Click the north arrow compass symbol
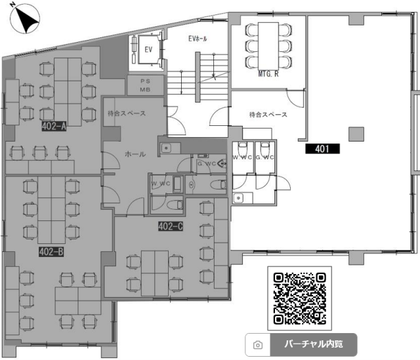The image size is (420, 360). point(25,19)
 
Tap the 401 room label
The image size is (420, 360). point(322,149)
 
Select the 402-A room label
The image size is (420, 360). point(54,126)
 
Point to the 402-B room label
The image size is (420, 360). point(51,252)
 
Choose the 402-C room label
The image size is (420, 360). point(171,227)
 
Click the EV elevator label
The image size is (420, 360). point(148,50)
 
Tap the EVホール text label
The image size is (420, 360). point(198,39)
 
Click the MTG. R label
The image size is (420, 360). point(268,74)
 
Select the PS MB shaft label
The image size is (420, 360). point(145,85)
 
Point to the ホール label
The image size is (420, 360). point(135,154)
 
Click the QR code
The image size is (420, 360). point(300,298)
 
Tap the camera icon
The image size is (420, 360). point(258,345)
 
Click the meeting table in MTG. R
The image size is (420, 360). point(268,46)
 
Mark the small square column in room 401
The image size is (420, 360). point(356,134)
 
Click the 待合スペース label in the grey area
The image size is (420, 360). point(127,113)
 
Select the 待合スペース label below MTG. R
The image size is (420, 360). point(268,115)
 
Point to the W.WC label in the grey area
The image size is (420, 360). point(161,184)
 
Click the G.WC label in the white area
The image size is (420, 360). point(264,157)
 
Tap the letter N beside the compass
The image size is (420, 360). point(12,5)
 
